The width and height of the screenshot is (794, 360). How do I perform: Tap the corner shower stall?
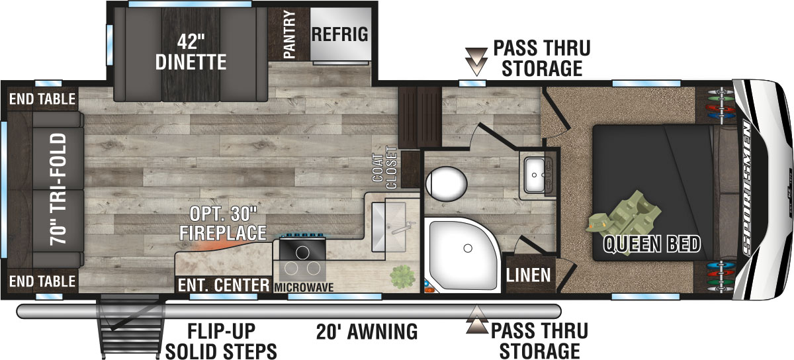[x=463, y=248]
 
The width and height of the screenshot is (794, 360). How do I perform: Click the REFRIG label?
[x=339, y=34]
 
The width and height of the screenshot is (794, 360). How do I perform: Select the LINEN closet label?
[x=529, y=274]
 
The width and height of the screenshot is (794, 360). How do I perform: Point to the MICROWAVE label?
[x=304, y=287]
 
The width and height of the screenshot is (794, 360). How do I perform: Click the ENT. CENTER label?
[x=224, y=286]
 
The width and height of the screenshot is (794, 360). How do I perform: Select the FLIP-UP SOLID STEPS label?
[x=221, y=340]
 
